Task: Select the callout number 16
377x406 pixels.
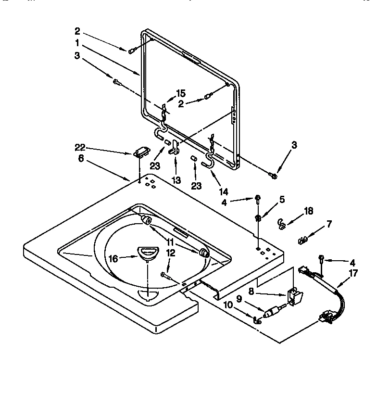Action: click(x=113, y=258)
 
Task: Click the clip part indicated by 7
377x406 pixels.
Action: click(x=302, y=238)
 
